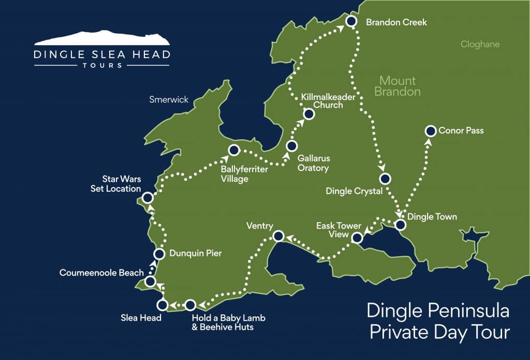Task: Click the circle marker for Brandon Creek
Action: click(x=351, y=21)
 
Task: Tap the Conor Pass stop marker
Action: click(x=430, y=131)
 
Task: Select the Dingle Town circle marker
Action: click(x=400, y=225)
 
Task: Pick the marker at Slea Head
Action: click(x=162, y=305)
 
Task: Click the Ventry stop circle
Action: click(x=277, y=236)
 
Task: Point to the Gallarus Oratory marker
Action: click(x=291, y=146)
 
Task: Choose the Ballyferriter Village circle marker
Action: click(x=233, y=150)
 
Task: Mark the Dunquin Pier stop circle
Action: click(x=160, y=254)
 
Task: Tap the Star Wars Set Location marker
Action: click(x=148, y=197)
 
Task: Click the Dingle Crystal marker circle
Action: click(x=385, y=179)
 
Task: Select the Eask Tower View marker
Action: click(x=357, y=238)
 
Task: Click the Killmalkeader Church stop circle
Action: click(x=308, y=114)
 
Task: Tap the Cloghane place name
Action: click(x=480, y=45)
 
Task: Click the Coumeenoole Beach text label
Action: click(x=101, y=272)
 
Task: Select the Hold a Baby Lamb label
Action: click(x=228, y=318)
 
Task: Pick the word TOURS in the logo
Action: click(x=101, y=66)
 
